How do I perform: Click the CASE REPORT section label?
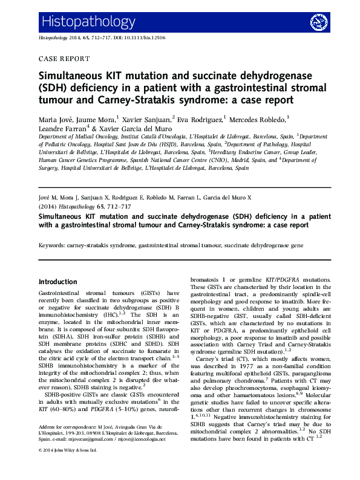(64, 59)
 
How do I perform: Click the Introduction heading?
(57, 282)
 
